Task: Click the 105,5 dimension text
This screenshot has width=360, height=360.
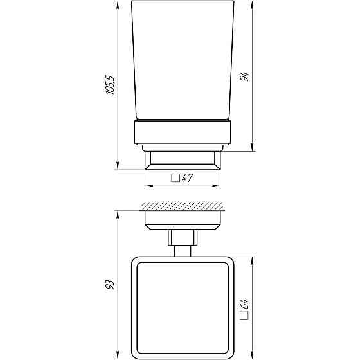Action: [110, 85]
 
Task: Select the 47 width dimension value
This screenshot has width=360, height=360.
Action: [188, 179]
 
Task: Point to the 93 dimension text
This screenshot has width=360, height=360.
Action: [110, 283]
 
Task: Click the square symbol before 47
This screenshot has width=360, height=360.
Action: [175, 179]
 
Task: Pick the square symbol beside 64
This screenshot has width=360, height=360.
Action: [244, 316]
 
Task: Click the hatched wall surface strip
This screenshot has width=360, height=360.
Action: [184, 206]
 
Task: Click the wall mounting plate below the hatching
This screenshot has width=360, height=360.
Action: [183, 219]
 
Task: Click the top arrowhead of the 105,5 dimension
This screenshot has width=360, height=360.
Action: [118, 4]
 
